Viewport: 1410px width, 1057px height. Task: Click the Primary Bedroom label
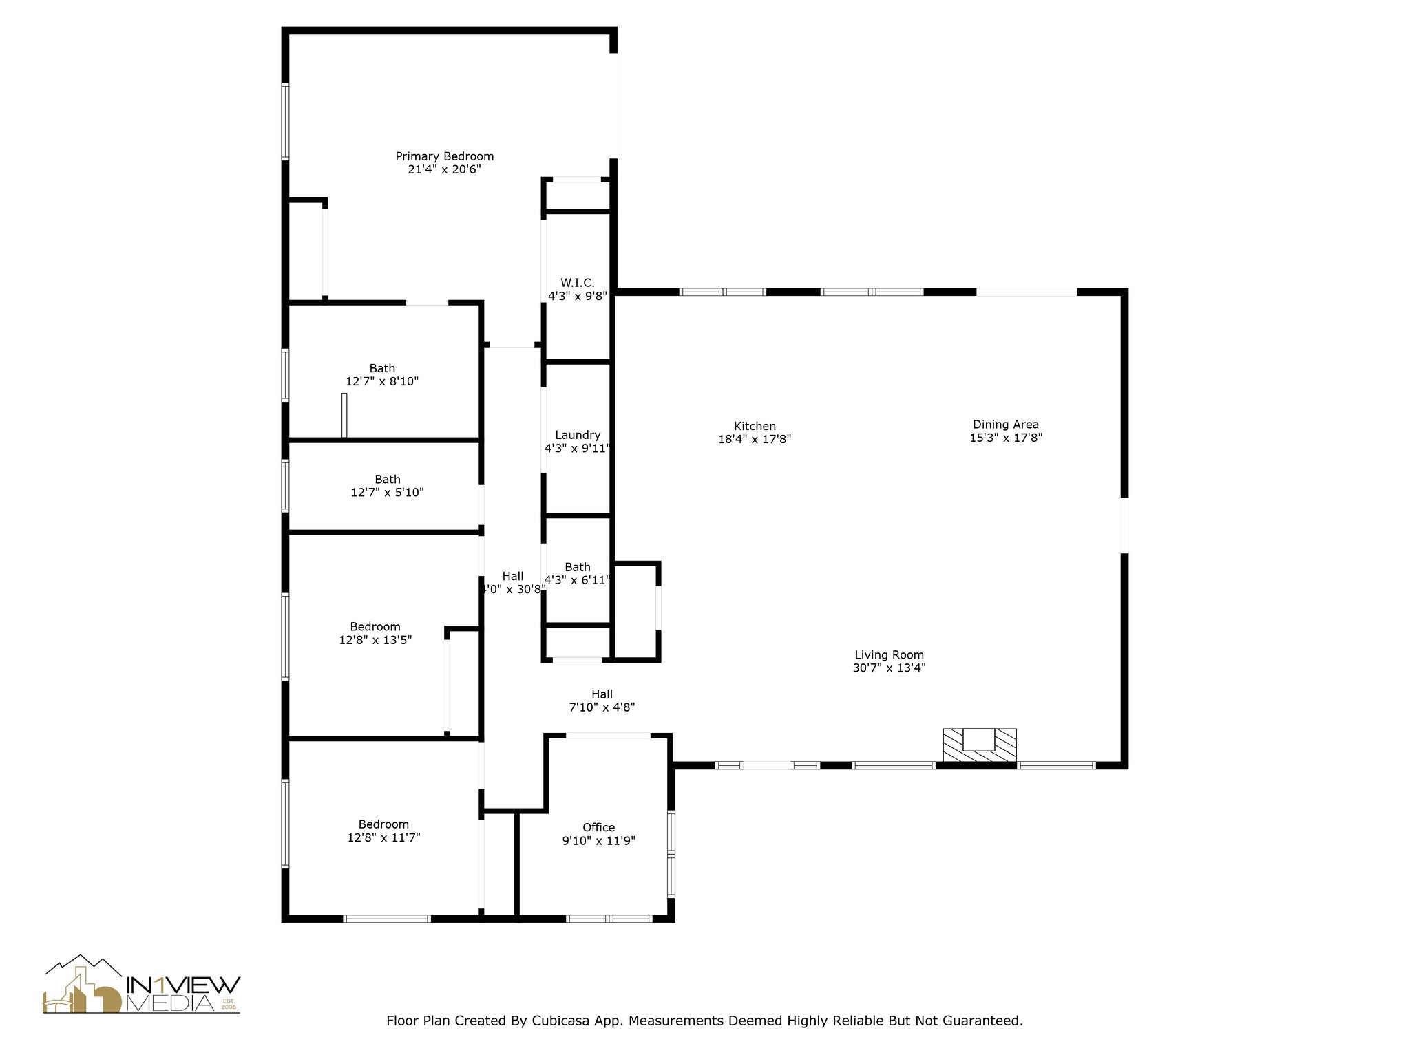click(444, 156)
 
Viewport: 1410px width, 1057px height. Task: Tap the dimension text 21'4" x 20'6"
click(444, 169)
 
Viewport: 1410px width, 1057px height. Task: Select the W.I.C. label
click(577, 283)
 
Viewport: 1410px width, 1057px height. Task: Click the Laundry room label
click(578, 435)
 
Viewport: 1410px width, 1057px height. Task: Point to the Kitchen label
click(755, 426)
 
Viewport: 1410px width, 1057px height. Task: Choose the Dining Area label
click(1005, 425)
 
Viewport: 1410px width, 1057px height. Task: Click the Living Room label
click(889, 655)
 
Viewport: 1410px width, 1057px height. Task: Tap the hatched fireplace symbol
click(979, 746)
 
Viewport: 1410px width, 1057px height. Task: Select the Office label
click(598, 827)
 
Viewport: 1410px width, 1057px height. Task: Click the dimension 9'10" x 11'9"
click(598, 840)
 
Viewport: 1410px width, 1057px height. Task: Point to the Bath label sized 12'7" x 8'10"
click(382, 368)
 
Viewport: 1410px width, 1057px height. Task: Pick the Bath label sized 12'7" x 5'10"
click(388, 479)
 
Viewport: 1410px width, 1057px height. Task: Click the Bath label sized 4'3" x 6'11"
click(577, 567)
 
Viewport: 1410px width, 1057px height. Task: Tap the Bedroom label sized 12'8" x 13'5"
click(375, 627)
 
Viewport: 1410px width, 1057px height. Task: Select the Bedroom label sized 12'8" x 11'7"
click(383, 824)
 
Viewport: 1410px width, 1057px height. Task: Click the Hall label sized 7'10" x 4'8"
click(602, 694)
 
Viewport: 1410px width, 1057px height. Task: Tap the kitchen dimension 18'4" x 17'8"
click(755, 439)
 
